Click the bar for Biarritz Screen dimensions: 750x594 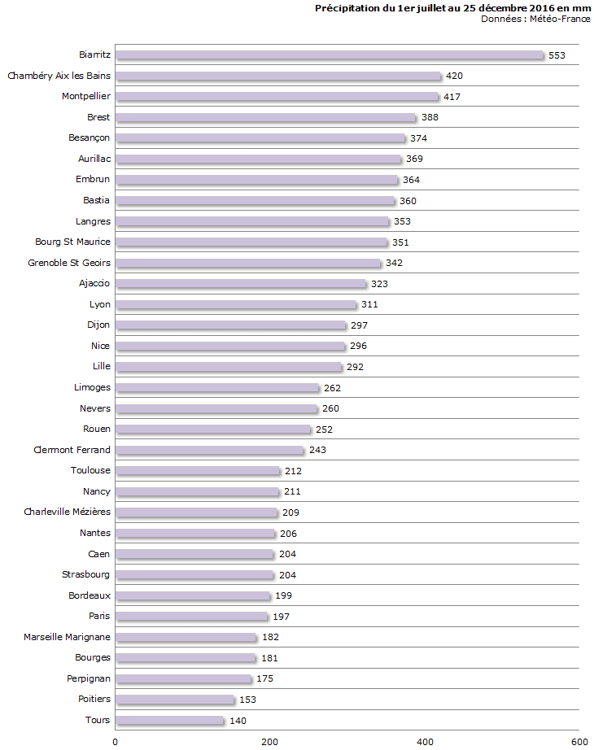[x=329, y=55]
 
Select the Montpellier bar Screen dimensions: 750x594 [x=277, y=97]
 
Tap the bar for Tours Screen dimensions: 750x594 [x=169, y=720]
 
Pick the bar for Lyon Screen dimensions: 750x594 [x=235, y=304]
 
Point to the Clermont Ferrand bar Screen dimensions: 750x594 [x=209, y=450]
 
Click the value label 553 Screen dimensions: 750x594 [x=557, y=55]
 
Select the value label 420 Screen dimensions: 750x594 [x=454, y=76]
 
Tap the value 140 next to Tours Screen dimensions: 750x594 [x=238, y=720]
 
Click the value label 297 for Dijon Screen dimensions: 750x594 [x=359, y=325]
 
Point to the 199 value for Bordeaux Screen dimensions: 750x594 [x=283, y=595]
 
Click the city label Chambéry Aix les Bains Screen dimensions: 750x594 [x=59, y=76]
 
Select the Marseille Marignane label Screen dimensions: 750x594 [x=67, y=637]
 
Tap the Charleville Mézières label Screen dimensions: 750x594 [x=67, y=512]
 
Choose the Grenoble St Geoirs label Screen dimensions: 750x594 [x=69, y=263]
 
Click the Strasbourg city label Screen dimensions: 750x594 [x=86, y=574]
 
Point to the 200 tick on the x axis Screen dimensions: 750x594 [x=269, y=741]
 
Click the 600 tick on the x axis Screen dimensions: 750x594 [x=579, y=741]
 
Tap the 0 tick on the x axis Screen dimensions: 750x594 [x=115, y=741]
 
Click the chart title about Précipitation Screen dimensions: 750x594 [x=452, y=8]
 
